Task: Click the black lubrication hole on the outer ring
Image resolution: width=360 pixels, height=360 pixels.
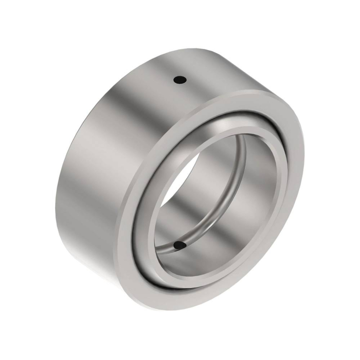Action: click(x=179, y=80)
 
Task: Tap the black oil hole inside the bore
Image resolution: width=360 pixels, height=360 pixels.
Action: click(x=178, y=246)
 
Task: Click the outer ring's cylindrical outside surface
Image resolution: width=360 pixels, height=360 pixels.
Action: click(x=103, y=154)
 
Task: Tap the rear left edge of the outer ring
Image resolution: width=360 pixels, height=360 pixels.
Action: click(x=64, y=154)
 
